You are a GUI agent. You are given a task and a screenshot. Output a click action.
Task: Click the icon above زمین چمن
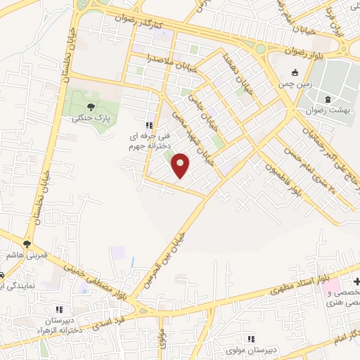click(x=295, y=72)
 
